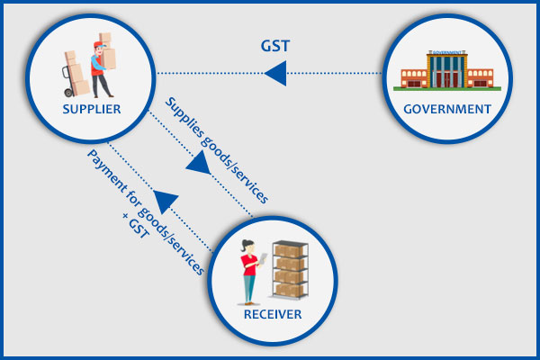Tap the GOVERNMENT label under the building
(x=446, y=110)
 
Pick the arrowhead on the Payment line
(x=164, y=200)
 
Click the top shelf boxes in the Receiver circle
(x=290, y=251)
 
